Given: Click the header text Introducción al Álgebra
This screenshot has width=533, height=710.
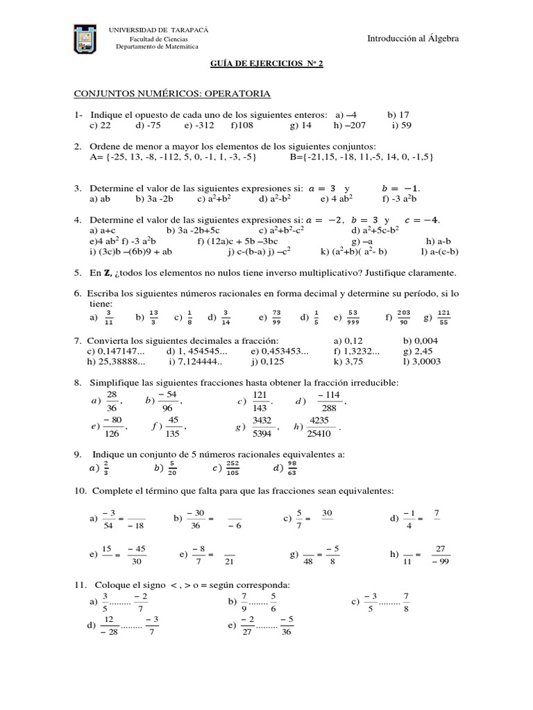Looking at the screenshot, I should (x=413, y=40).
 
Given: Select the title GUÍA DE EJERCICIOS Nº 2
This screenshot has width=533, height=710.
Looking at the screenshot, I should (x=266, y=63).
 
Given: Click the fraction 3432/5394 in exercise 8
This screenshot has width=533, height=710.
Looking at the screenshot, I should (x=262, y=428).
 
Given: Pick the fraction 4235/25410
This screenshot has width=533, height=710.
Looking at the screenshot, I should (x=319, y=428).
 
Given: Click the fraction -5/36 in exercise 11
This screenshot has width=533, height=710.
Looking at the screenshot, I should (x=287, y=626).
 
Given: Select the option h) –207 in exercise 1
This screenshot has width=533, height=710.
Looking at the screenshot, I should (x=350, y=125).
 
